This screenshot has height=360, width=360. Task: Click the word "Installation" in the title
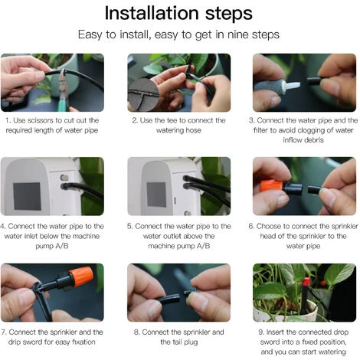[152, 13]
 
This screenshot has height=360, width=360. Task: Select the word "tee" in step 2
[172, 120]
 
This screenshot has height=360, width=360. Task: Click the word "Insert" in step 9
[275, 332]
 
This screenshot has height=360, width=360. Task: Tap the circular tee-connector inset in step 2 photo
[143, 95]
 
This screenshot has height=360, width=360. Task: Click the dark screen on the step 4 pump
[27, 196]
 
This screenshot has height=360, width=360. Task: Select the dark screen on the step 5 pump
[156, 195]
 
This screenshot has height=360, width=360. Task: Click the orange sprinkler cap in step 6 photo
[271, 186]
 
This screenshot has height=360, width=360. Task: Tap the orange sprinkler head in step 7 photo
[80, 277]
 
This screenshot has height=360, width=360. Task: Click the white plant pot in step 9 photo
[285, 313]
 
